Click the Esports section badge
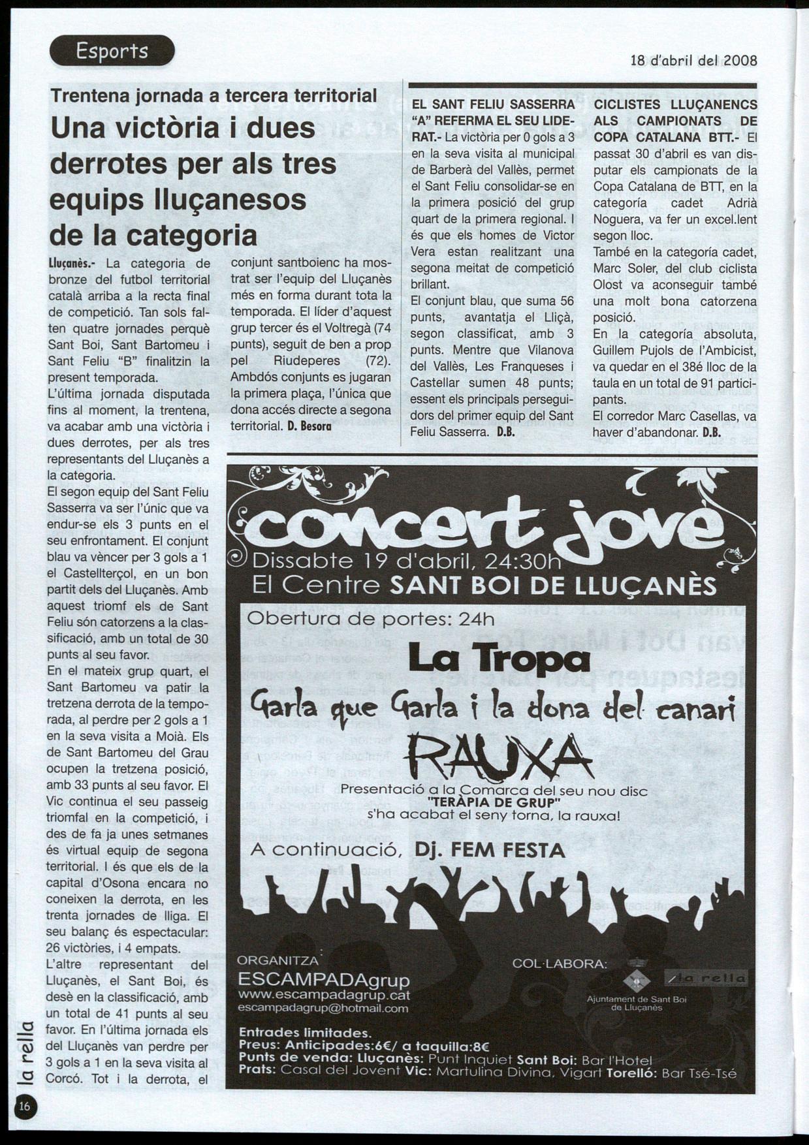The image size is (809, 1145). point(112,51)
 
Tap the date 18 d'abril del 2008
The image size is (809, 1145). point(693,61)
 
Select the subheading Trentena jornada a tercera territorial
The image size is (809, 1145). point(214,96)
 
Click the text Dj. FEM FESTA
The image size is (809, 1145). point(490,850)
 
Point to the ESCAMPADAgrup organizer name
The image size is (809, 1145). point(324,980)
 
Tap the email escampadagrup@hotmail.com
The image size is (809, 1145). point(323,1008)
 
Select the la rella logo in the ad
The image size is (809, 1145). point(706,978)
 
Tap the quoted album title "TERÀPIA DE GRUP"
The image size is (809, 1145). point(494,802)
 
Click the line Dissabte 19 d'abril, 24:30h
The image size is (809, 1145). point(406,561)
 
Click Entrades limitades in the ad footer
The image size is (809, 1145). point(305,1033)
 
